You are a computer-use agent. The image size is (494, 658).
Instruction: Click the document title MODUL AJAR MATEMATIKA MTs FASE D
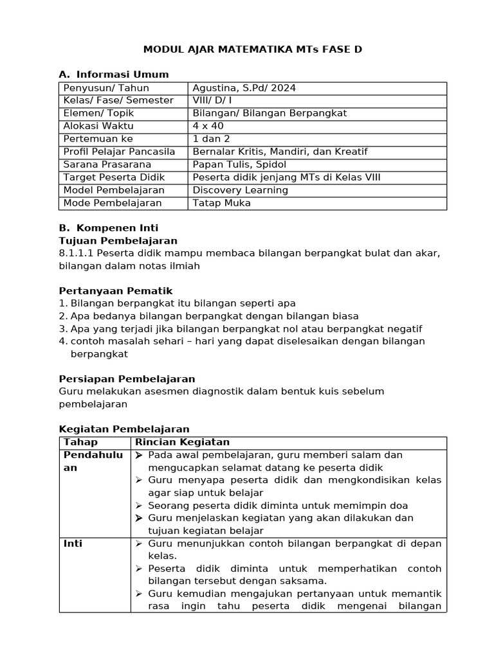click(248, 49)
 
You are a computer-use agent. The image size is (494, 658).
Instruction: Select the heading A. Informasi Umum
click(114, 75)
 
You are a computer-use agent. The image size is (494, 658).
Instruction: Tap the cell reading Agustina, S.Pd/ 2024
click(244, 88)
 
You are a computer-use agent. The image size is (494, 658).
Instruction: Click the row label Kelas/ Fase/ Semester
click(118, 100)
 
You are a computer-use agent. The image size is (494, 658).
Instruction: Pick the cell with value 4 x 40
click(208, 126)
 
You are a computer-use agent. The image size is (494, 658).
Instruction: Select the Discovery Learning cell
click(241, 190)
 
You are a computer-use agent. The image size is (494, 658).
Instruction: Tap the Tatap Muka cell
click(222, 203)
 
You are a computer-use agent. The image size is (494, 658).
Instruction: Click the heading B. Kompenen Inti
click(108, 228)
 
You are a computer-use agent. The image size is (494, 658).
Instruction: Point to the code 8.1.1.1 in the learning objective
click(75, 253)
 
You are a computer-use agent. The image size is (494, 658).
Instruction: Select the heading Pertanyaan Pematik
click(116, 291)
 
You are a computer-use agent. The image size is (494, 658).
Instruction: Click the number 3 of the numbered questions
click(62, 329)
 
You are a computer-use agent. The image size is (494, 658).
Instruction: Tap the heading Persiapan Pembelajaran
click(127, 379)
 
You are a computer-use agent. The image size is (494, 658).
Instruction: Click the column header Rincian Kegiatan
click(182, 442)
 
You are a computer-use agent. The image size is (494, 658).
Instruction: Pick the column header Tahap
click(80, 442)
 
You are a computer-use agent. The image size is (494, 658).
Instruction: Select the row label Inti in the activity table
click(73, 544)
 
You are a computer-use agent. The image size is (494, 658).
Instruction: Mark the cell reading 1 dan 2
click(212, 139)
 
